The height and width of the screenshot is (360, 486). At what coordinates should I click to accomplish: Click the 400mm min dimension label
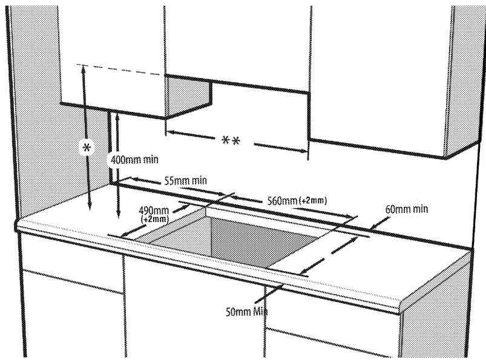135,159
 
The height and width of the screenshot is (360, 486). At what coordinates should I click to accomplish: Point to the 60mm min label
406,209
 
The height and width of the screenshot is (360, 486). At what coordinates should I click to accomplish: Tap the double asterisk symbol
230,141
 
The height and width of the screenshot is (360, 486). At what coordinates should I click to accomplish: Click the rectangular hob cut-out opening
242,236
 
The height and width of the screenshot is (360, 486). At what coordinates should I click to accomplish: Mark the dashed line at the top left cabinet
121,68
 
